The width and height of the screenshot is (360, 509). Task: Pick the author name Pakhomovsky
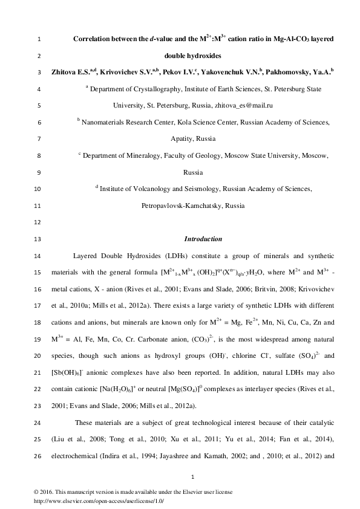coord(298,72)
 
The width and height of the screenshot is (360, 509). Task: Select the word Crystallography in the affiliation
coord(158,89)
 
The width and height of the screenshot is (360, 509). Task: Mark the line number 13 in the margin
coord(38,239)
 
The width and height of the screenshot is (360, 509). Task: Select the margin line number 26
coord(38,455)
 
